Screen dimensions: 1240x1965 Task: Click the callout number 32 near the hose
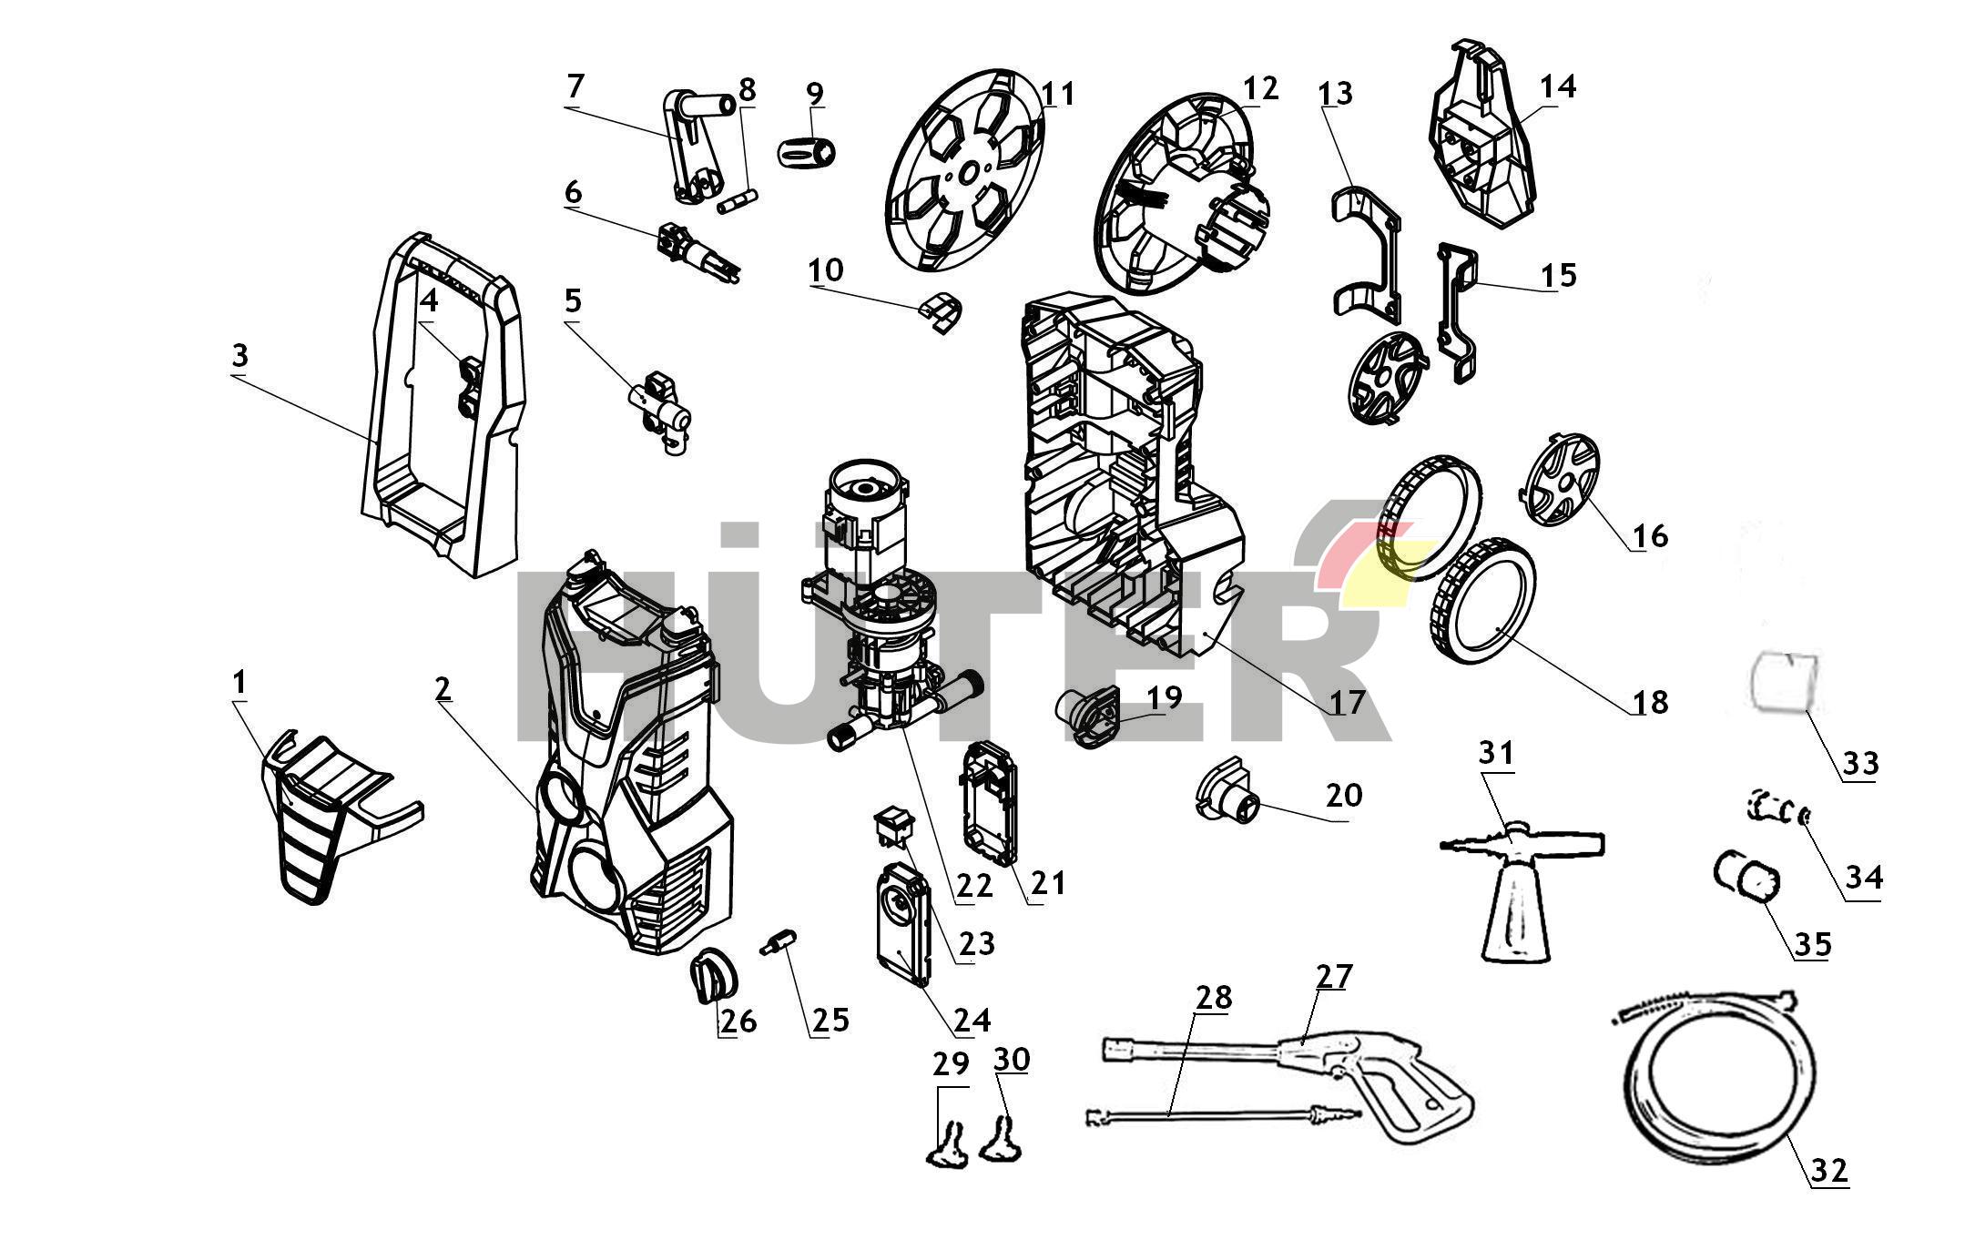point(1828,1169)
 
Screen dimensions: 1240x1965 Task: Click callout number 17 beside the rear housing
point(1347,702)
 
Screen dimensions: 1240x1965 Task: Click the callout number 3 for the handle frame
point(239,356)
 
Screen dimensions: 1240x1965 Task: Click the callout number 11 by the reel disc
point(1057,94)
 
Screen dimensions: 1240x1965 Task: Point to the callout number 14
point(1558,87)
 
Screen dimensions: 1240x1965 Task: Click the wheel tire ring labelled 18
point(1480,601)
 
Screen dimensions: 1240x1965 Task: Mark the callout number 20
point(1343,795)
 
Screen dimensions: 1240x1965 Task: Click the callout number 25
point(830,1020)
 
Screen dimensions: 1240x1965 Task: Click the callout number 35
point(1812,944)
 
